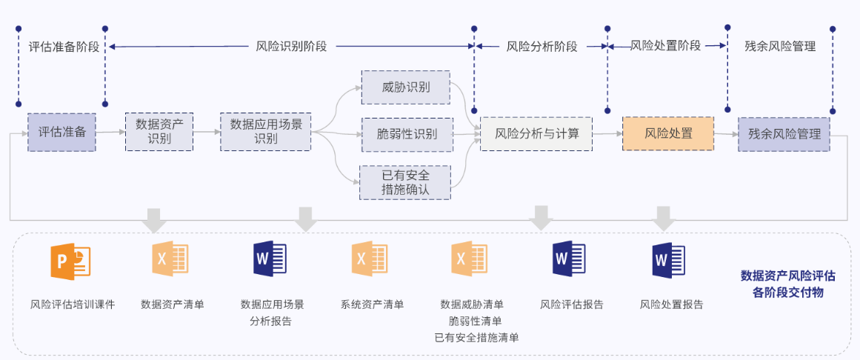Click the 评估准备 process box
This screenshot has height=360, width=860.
click(61, 133)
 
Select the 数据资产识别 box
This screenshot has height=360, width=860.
click(159, 132)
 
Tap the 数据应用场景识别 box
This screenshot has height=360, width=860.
click(266, 132)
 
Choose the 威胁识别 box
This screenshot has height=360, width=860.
click(405, 87)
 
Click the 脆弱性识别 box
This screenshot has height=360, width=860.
click(407, 134)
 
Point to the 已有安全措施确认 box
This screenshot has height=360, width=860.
click(405, 182)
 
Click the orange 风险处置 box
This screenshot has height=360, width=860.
click(668, 134)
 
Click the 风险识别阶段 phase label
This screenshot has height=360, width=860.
click(291, 47)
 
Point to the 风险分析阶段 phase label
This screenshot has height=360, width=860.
click(541, 47)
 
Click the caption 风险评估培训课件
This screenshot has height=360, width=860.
click(73, 304)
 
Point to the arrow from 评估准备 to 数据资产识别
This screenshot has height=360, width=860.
click(110, 133)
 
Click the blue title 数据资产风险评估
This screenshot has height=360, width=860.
click(788, 276)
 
